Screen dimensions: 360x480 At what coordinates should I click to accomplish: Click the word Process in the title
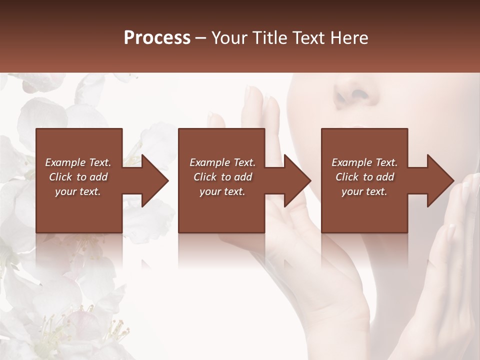pos(157,38)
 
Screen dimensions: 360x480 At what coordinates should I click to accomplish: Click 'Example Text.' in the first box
pos(78,162)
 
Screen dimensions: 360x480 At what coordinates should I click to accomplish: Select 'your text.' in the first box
pos(78,191)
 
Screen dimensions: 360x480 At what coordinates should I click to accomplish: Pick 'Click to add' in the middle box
pos(222,177)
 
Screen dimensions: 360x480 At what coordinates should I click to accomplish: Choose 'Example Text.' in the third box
pos(364,162)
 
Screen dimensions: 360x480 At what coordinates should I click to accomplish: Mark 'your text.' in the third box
pos(364,191)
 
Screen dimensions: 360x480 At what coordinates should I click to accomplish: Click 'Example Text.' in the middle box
pos(222,162)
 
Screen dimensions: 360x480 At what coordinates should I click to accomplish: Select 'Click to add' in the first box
pos(78,177)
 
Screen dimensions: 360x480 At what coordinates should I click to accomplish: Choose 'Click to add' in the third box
pos(364,177)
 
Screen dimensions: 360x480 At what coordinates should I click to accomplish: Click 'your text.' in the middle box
pos(222,191)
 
